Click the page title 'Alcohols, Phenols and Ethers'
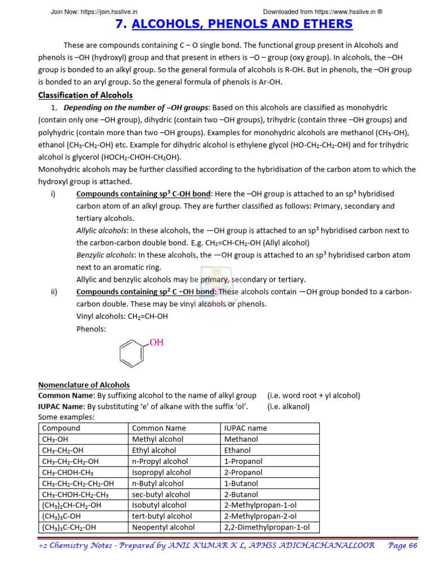[x=233, y=24]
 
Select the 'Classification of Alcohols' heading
[x=85, y=95]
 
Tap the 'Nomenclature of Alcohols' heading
[x=83, y=385]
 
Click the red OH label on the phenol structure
[x=156, y=342]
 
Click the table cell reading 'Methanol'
[x=241, y=439]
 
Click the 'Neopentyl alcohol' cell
[x=163, y=527]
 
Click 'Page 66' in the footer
[x=403, y=546]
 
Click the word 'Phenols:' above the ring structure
[x=91, y=329]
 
